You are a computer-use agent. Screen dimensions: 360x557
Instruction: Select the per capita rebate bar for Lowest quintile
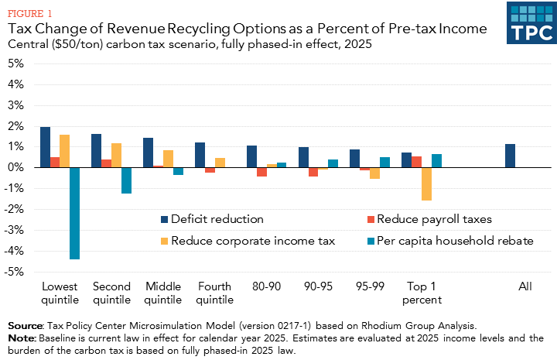click(74, 213)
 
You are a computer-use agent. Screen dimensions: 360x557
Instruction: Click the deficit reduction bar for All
click(510, 156)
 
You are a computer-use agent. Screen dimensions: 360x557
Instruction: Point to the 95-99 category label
click(369, 286)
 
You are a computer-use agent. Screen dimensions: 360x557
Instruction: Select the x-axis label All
click(525, 286)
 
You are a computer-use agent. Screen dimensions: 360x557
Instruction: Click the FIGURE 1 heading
click(30, 13)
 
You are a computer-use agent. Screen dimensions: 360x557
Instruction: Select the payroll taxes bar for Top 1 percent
click(416, 162)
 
